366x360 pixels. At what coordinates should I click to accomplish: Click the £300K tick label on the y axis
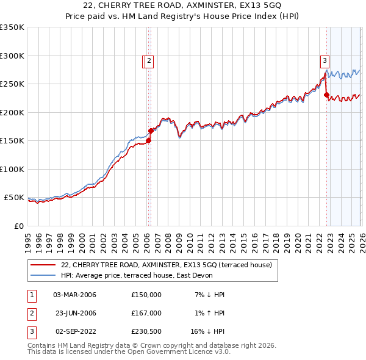[x=12, y=56]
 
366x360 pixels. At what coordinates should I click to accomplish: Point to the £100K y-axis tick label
[x=12, y=169]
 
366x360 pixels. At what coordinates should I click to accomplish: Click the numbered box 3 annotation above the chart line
[x=325, y=60]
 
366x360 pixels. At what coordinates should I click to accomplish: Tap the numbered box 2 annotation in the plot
[x=149, y=60]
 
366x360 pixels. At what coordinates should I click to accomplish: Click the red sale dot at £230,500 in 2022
[x=326, y=95]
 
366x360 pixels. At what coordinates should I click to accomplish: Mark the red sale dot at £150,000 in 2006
[x=148, y=140]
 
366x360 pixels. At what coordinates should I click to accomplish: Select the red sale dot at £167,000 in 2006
[x=151, y=131]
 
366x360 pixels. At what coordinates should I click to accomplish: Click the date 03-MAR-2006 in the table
[x=75, y=295]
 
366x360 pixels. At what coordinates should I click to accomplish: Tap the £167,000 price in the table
[x=146, y=313]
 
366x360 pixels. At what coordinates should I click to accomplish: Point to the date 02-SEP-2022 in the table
[x=75, y=331]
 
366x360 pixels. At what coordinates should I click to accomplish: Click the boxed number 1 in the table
[x=31, y=295]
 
